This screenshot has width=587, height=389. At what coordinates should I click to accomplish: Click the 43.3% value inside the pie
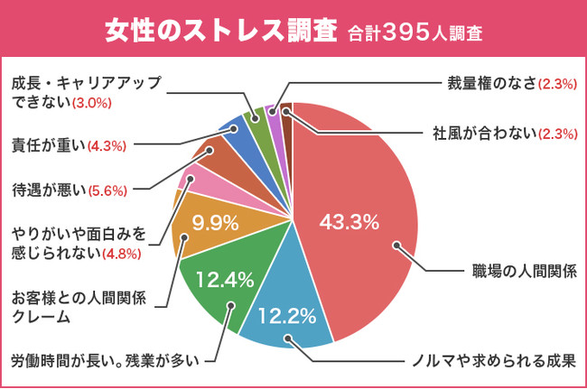(x=349, y=222)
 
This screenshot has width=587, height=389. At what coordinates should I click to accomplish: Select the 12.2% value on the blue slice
(x=286, y=316)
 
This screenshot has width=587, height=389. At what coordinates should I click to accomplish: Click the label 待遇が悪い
(x=48, y=190)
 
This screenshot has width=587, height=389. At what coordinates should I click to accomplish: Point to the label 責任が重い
(x=48, y=143)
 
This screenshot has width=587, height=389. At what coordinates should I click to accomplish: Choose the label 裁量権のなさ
(x=490, y=84)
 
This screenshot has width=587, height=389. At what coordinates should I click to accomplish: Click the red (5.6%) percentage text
(x=107, y=190)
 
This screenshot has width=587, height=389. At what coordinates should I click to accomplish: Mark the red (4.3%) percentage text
(x=107, y=144)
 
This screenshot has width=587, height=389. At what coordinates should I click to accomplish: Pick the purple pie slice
(x=274, y=112)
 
